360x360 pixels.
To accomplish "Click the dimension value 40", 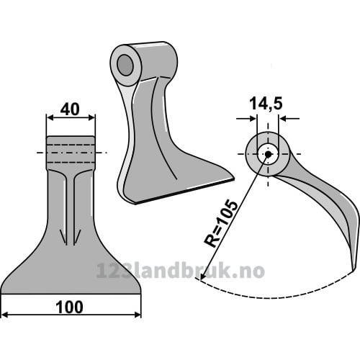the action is pos(70,109).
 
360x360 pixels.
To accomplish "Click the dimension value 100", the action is pos(70,307).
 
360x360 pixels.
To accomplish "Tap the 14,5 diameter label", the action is pos(266,104).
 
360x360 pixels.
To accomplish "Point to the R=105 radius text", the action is pos(221,223).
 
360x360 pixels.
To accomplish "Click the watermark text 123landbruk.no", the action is pos(181,271).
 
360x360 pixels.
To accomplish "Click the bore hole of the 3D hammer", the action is pos(125,65).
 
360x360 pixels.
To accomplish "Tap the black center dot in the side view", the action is pos(268,154).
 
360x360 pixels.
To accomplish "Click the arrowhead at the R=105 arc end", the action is pos(203,276).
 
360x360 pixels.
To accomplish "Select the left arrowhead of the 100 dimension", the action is pos(5,315).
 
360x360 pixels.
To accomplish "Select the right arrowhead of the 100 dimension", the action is pos(138,315).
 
